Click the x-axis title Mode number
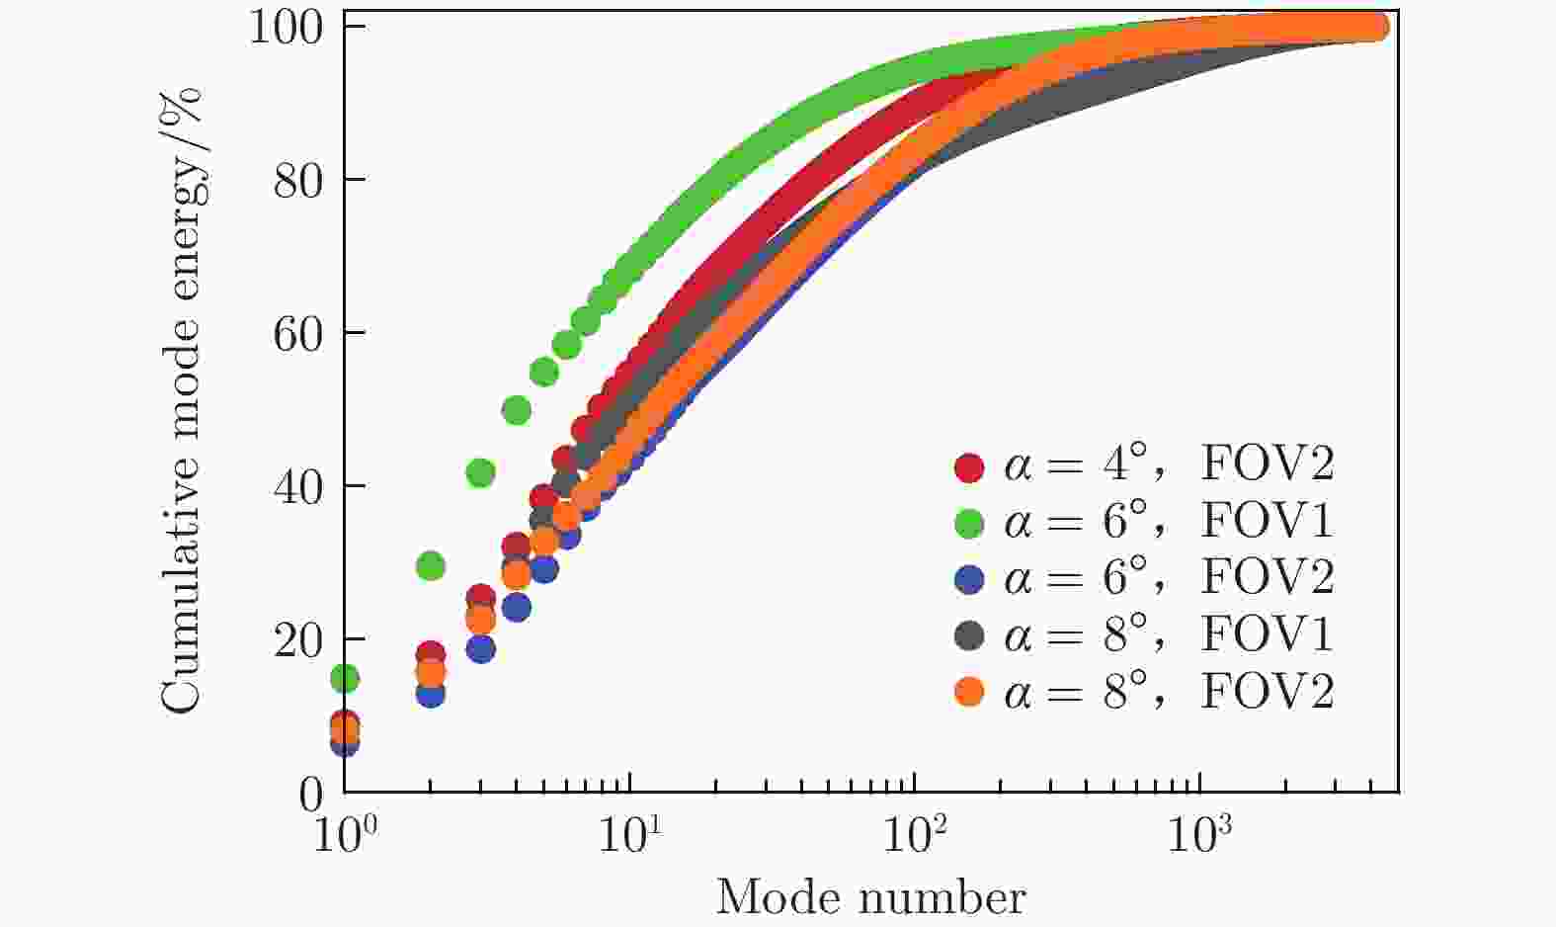click(870, 897)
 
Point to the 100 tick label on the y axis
click(285, 28)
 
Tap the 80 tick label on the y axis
click(297, 181)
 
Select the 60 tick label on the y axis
click(297, 334)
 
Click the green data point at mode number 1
click(344, 679)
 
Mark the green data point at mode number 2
click(430, 566)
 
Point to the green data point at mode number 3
click(480, 473)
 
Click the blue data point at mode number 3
click(480, 649)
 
